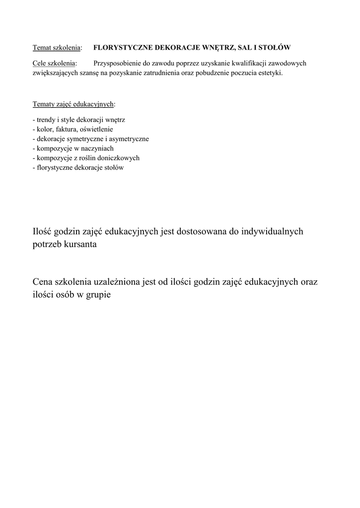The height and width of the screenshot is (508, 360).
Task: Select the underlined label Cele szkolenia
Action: [x=54, y=63]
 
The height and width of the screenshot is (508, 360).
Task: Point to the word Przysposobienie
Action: [x=117, y=63]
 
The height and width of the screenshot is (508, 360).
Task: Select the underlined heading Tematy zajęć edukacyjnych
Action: [x=73, y=105]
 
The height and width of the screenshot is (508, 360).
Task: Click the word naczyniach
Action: [x=97, y=148]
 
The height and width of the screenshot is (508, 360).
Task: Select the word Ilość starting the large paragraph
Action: [x=42, y=232]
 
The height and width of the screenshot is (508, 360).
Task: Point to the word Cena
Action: [x=43, y=282]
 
